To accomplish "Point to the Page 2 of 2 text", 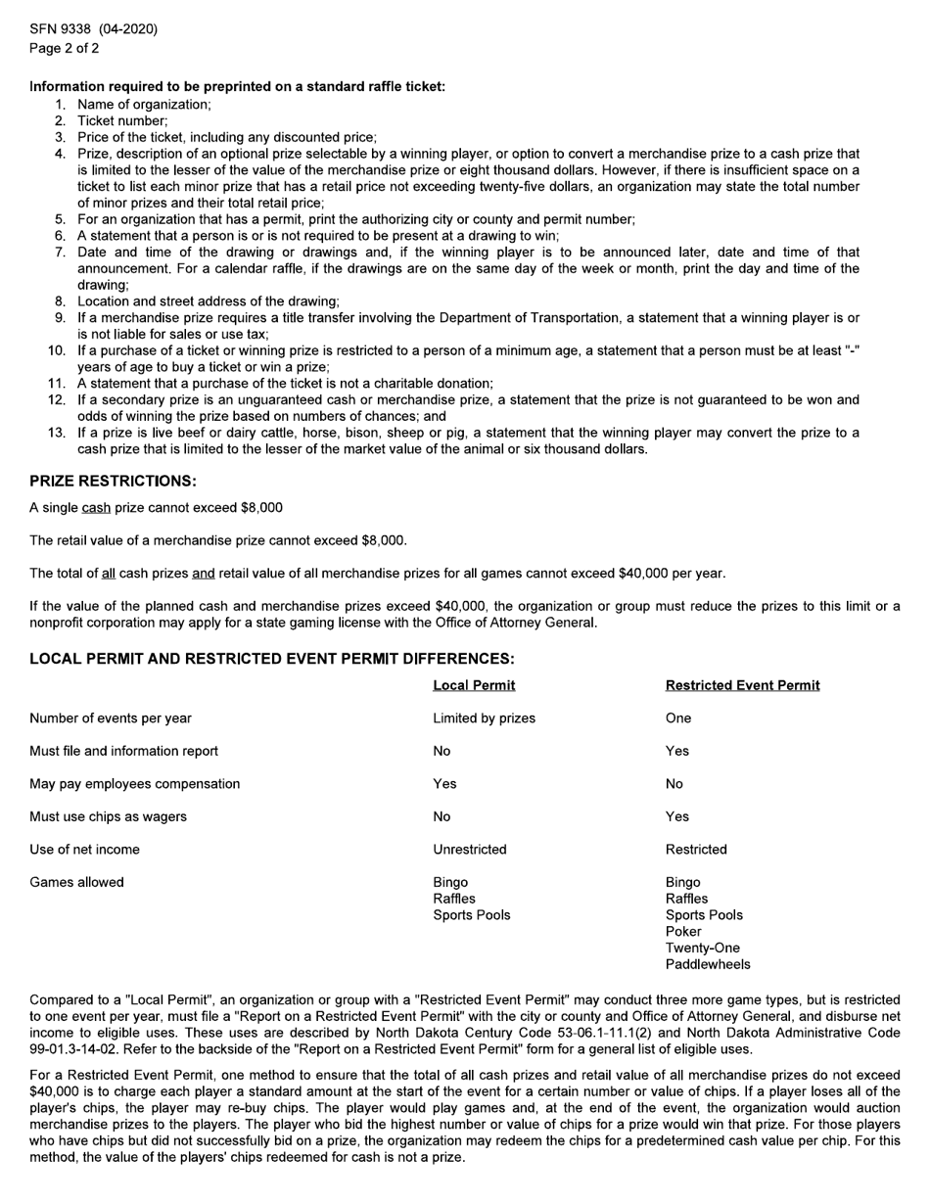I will pyautogui.click(x=64, y=48).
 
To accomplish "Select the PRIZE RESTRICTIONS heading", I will pyautogui.click(x=113, y=482).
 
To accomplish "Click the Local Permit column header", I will pyautogui.click(x=474, y=685).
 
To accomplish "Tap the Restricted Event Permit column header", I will pyautogui.click(x=742, y=685).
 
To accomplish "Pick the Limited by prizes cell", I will pyautogui.click(x=484, y=718).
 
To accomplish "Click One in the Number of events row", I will pyautogui.click(x=677, y=718).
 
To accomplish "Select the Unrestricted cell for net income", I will pyautogui.click(x=470, y=850).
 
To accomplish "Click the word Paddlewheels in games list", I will pyautogui.click(x=708, y=965).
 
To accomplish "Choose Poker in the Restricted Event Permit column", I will pyautogui.click(x=683, y=932).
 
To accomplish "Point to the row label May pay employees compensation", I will pyautogui.click(x=134, y=784).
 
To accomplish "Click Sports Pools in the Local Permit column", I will pyautogui.click(x=471, y=915).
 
